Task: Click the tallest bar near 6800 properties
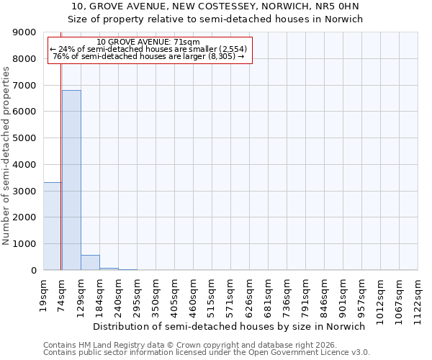click(71, 180)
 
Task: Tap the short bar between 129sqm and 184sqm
click(90, 263)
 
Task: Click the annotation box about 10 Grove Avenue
click(150, 50)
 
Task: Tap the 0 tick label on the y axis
click(33, 271)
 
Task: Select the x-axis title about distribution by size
click(229, 326)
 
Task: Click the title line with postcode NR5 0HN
click(215, 7)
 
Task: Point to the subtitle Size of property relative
click(215, 19)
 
